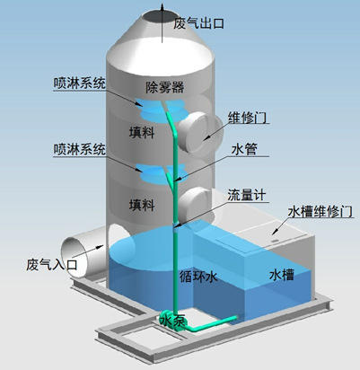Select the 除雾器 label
coord(164,86)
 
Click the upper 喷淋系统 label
coord(79,84)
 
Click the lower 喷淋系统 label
coord(79,148)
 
